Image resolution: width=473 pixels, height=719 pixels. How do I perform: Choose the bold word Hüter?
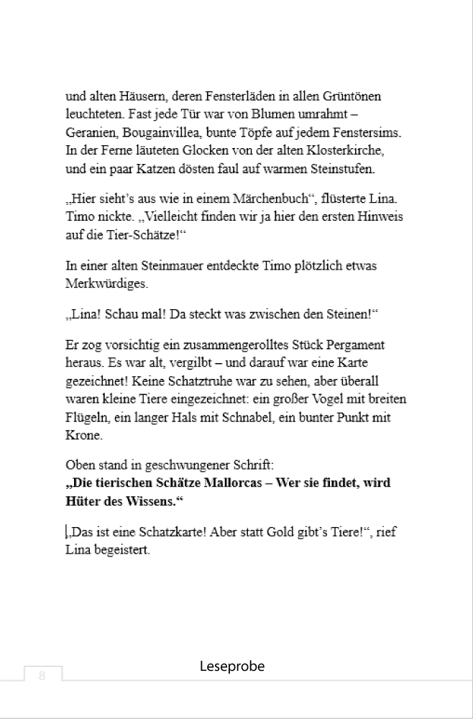(81, 501)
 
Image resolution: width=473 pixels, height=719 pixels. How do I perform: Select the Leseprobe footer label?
(232, 667)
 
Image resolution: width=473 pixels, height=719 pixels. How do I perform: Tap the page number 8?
(42, 675)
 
